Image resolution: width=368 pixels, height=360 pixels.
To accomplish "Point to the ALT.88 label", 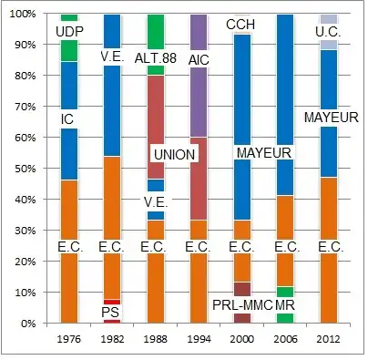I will pyautogui.click(x=155, y=58).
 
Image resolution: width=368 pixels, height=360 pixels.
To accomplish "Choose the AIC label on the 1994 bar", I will pyautogui.click(x=199, y=59).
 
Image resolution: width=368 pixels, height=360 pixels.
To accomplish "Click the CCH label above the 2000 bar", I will pyautogui.click(x=240, y=24).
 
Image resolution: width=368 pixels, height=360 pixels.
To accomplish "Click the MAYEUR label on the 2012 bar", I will pyautogui.click(x=331, y=118).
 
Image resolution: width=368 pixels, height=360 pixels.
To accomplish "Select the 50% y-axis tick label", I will pyautogui.click(x=26, y=169).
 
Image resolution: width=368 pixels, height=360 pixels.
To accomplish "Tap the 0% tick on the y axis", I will pyautogui.click(x=30, y=323).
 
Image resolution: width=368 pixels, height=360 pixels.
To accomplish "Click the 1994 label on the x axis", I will pyautogui.click(x=199, y=340).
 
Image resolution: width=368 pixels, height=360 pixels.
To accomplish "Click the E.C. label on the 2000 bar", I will pyautogui.click(x=242, y=246).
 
